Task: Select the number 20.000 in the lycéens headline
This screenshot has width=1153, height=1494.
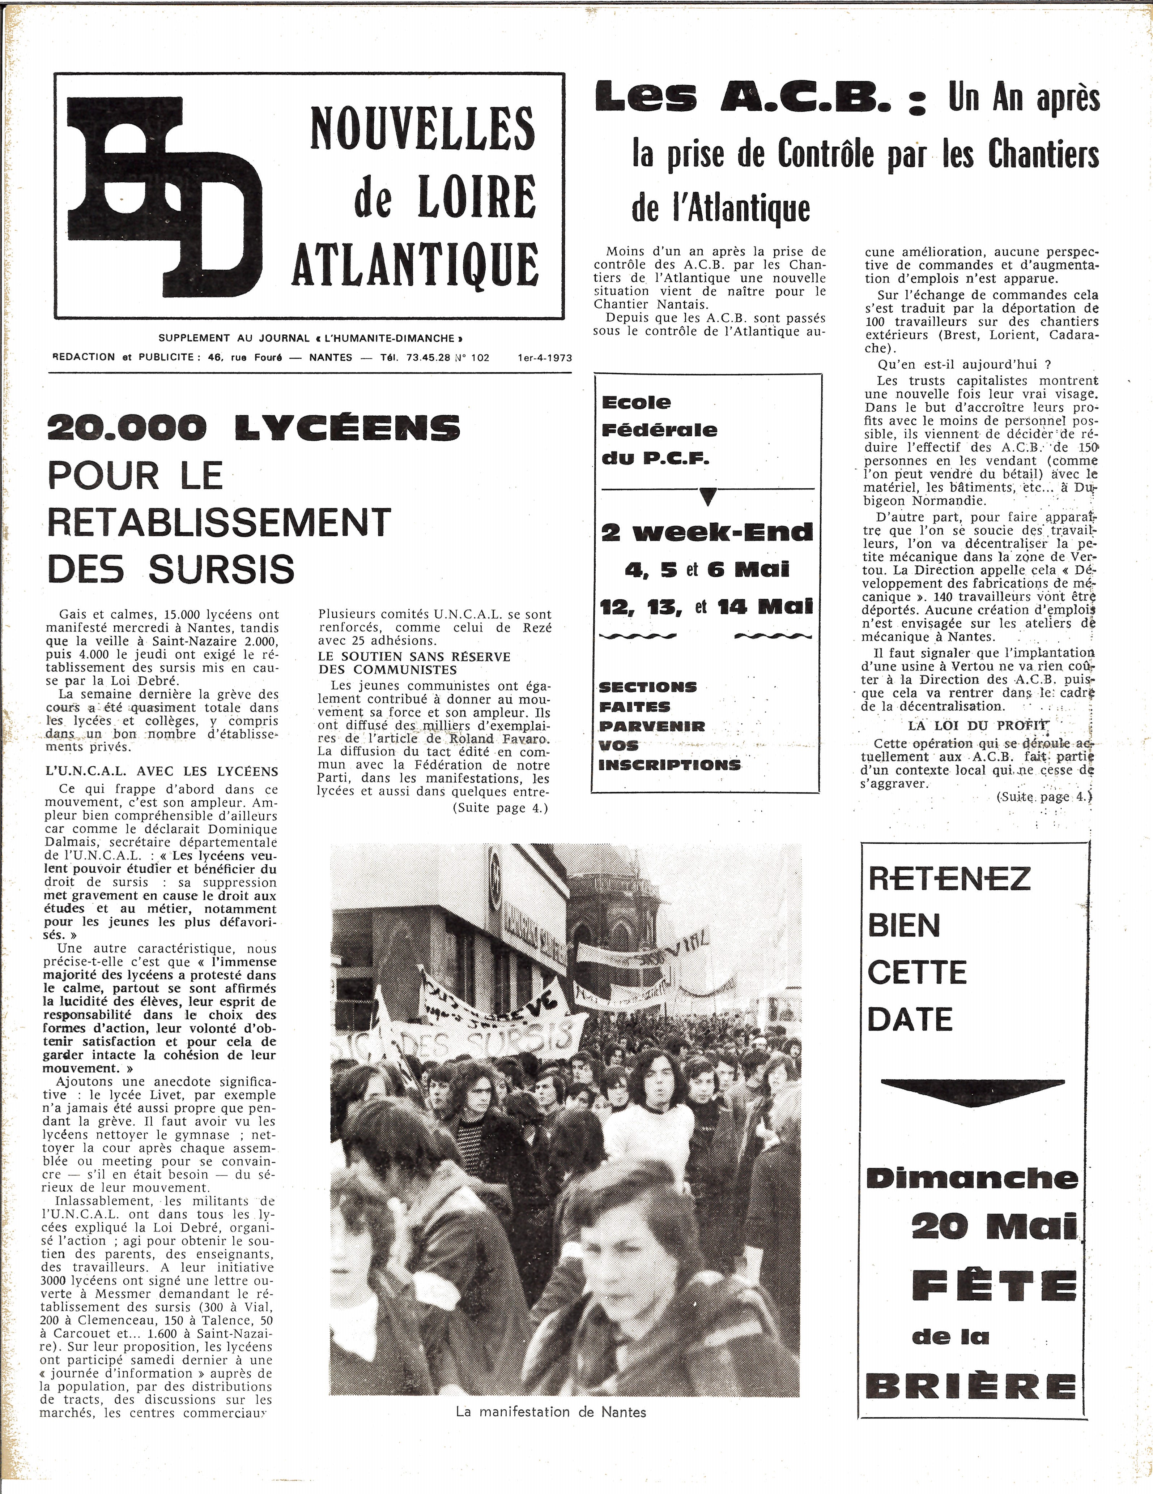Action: pos(127,429)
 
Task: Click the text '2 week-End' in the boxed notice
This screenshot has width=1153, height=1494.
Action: pos(707,531)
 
